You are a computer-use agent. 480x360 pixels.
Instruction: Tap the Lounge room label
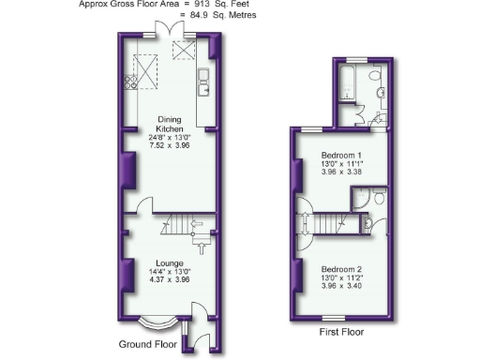169,263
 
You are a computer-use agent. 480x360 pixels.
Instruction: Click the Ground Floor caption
147,344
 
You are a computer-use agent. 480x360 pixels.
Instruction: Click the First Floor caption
342,331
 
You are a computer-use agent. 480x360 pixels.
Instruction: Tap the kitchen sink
203,89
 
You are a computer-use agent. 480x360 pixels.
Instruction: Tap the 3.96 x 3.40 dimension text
340,286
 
